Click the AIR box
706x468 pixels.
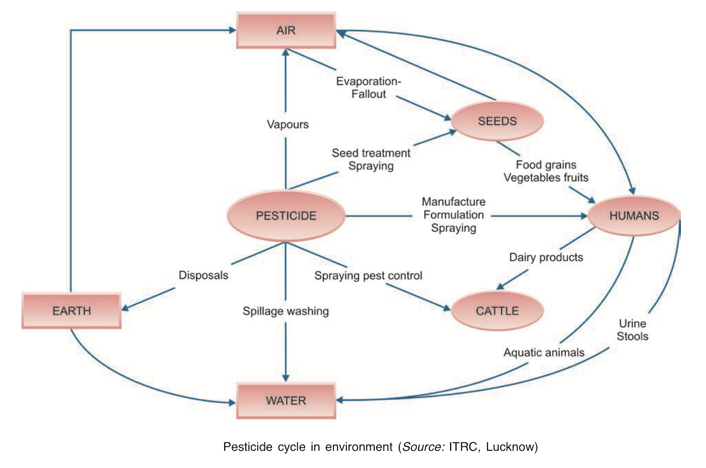click(x=286, y=30)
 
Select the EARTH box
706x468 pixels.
click(x=71, y=311)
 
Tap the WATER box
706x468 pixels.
click(x=286, y=400)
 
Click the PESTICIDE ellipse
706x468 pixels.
click(x=286, y=216)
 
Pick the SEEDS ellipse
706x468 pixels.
click(x=497, y=121)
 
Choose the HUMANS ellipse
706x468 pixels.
click(x=634, y=216)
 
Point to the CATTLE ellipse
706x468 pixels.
click(x=497, y=311)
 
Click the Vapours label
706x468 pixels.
click(x=288, y=125)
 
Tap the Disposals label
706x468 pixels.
click(x=203, y=275)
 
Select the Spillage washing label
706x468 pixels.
click(x=286, y=311)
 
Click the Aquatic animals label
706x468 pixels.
click(x=544, y=352)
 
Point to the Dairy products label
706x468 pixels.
click(x=546, y=257)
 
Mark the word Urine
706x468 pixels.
click(x=632, y=323)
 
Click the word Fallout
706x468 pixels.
click(x=368, y=94)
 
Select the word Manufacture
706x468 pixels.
click(x=454, y=202)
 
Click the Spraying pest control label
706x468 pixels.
click(x=368, y=276)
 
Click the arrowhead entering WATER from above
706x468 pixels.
click(x=286, y=378)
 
